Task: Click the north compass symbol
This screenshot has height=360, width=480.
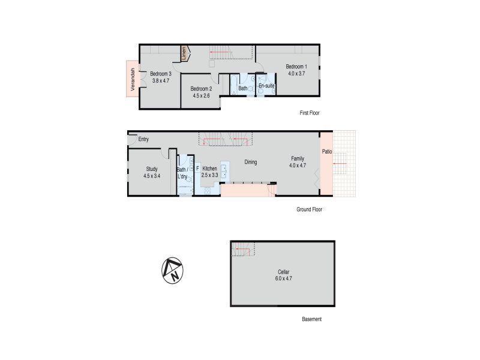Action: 172,271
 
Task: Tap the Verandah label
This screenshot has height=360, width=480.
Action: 133,79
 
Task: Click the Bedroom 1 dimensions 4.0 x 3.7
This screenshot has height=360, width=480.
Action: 296,73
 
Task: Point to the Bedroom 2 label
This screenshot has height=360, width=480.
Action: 201,89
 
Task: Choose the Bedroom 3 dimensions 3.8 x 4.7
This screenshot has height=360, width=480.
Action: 161,81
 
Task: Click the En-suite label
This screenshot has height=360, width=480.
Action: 266,86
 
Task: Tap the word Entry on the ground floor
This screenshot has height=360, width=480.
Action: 143,139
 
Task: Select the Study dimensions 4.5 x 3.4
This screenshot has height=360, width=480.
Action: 152,176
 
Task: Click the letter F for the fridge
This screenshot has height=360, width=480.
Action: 198,169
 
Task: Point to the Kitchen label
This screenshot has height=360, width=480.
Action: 209,169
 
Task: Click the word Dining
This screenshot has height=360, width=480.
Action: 250,162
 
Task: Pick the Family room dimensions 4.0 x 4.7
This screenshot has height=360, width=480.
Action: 298,166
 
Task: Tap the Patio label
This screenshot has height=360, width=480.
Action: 327,152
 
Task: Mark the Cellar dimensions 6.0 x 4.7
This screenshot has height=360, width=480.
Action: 283,278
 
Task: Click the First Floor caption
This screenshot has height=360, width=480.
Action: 310,113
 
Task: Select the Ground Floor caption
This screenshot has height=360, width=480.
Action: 309,209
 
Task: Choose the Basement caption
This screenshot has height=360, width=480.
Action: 311,319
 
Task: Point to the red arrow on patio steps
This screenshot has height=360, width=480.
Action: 340,164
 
